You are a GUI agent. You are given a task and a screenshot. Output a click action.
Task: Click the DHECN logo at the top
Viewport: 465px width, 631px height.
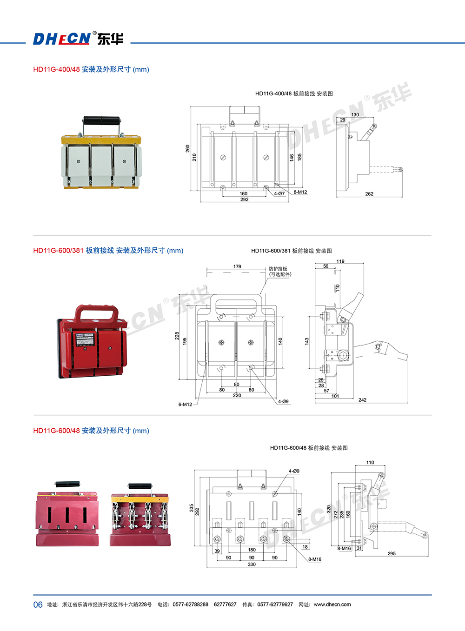78,39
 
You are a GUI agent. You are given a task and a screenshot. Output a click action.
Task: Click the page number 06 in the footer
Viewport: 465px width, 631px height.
38,604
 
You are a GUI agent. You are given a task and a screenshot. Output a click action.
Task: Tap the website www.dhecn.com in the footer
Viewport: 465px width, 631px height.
332,604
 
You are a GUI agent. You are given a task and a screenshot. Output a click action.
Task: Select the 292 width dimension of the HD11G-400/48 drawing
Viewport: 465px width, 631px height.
244,199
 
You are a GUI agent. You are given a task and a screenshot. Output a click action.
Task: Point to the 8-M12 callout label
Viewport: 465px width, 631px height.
300,192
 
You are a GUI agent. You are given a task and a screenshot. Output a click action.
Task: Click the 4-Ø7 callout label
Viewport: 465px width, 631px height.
279,193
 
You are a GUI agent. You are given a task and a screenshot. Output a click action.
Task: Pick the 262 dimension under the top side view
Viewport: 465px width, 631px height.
369,194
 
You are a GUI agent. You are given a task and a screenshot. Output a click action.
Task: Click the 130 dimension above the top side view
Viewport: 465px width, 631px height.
355,114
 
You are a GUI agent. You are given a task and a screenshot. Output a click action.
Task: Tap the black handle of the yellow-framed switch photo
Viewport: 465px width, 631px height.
101,121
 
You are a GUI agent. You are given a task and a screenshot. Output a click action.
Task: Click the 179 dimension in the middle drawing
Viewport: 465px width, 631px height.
237,266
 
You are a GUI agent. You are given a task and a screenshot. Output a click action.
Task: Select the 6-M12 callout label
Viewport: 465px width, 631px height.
185,405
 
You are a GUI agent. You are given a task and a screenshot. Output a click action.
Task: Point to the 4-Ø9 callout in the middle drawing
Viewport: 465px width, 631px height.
283,401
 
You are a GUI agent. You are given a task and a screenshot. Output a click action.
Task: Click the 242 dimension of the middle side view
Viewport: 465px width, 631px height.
362,400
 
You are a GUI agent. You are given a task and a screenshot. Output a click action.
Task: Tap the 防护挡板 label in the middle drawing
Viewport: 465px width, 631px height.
278,269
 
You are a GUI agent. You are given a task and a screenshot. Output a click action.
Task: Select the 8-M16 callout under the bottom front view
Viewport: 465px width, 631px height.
314,559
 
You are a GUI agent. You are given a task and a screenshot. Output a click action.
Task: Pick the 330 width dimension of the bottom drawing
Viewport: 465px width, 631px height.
252,565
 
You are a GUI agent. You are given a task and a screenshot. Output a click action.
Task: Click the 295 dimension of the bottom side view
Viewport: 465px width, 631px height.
392,553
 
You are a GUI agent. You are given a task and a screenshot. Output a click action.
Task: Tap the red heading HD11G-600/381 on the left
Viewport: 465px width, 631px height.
58,250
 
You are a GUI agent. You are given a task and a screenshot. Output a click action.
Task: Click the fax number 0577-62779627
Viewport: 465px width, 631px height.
275,604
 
